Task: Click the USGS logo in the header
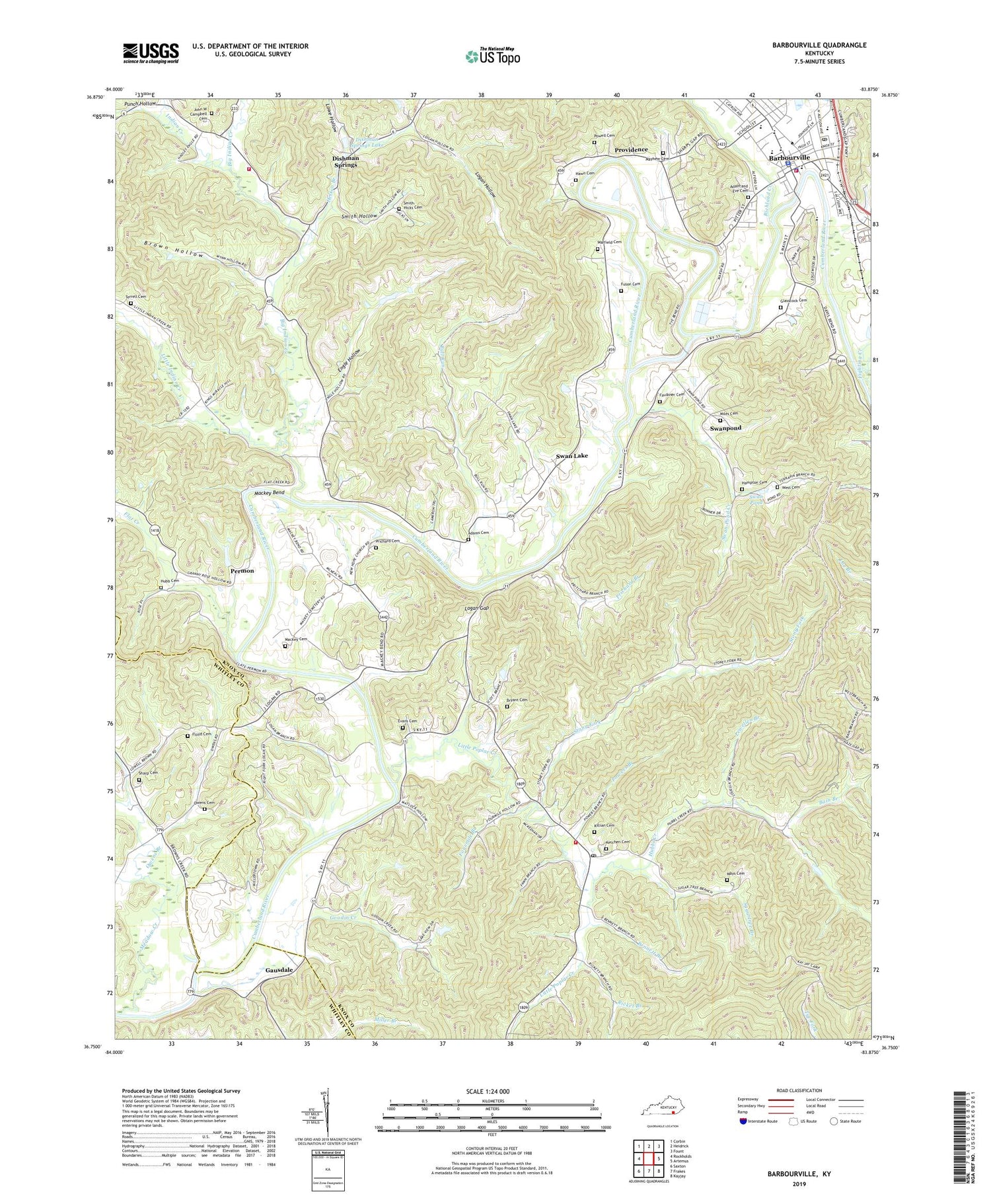pyautogui.click(x=151, y=53)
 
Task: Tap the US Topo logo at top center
pyautogui.click(x=492, y=56)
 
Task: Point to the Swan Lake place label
pyautogui.click(x=571, y=456)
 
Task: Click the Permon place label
pyautogui.click(x=242, y=570)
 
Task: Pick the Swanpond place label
pyautogui.click(x=725, y=428)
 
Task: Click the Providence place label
pyautogui.click(x=631, y=150)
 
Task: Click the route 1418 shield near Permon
pyautogui.click(x=155, y=530)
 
